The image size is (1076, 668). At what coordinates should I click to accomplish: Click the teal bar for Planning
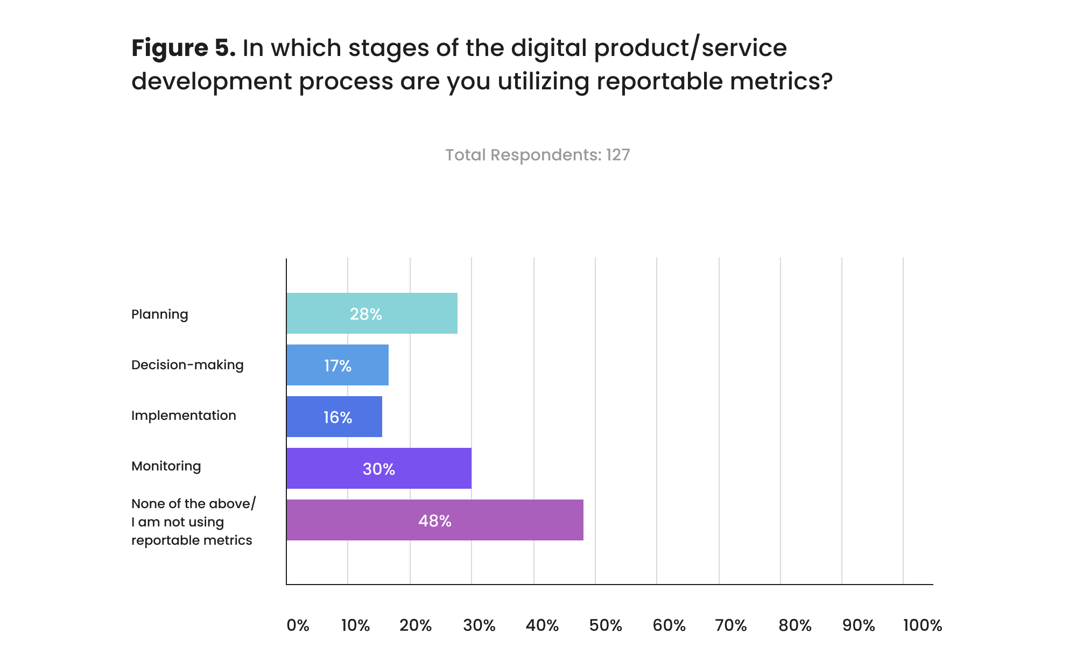click(x=371, y=313)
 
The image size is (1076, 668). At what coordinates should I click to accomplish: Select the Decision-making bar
click(x=337, y=365)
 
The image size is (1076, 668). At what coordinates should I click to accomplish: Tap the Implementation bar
click(x=334, y=417)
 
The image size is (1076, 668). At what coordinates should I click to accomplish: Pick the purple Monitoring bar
click(x=378, y=468)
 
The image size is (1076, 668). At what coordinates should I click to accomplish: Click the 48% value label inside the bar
click(x=434, y=521)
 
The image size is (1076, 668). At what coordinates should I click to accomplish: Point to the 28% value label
click(x=365, y=314)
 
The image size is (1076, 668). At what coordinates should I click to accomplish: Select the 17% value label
click(x=337, y=366)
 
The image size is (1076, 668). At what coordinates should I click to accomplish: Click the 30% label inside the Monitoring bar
click(x=378, y=469)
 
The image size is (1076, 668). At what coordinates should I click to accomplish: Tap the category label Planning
click(x=159, y=314)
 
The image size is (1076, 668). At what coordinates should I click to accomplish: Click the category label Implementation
click(x=184, y=416)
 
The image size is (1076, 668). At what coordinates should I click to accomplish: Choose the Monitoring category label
click(x=166, y=466)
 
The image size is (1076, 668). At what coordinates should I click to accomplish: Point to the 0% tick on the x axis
click(x=298, y=625)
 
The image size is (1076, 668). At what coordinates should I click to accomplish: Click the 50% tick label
click(x=606, y=625)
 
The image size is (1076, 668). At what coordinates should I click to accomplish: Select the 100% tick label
click(x=923, y=625)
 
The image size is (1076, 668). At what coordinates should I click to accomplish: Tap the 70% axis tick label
click(x=731, y=625)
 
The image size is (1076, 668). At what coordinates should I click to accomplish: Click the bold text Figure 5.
click(x=183, y=48)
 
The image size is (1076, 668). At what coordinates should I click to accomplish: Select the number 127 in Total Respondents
click(x=617, y=155)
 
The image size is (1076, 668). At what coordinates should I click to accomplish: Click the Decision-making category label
click(x=187, y=365)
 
